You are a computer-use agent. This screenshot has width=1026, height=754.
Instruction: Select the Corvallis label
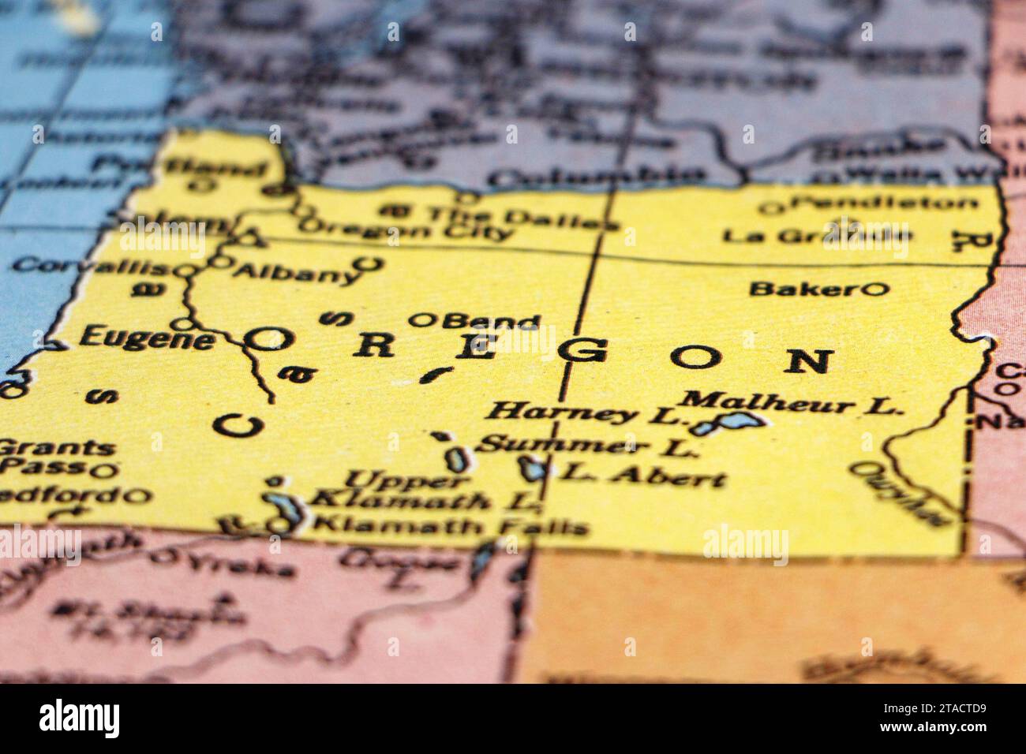89,265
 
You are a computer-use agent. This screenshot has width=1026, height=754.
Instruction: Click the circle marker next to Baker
874,289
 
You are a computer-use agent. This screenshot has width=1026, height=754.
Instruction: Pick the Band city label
491,321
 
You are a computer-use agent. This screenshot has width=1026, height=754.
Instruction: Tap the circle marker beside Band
423,320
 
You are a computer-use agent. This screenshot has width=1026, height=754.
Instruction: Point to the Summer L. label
589,446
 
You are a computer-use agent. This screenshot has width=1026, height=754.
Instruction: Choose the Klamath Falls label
451,524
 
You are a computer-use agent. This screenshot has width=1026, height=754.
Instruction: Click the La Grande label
816,235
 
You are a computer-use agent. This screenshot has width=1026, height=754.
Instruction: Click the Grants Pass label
55,457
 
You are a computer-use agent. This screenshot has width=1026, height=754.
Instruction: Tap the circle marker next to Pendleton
770,207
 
